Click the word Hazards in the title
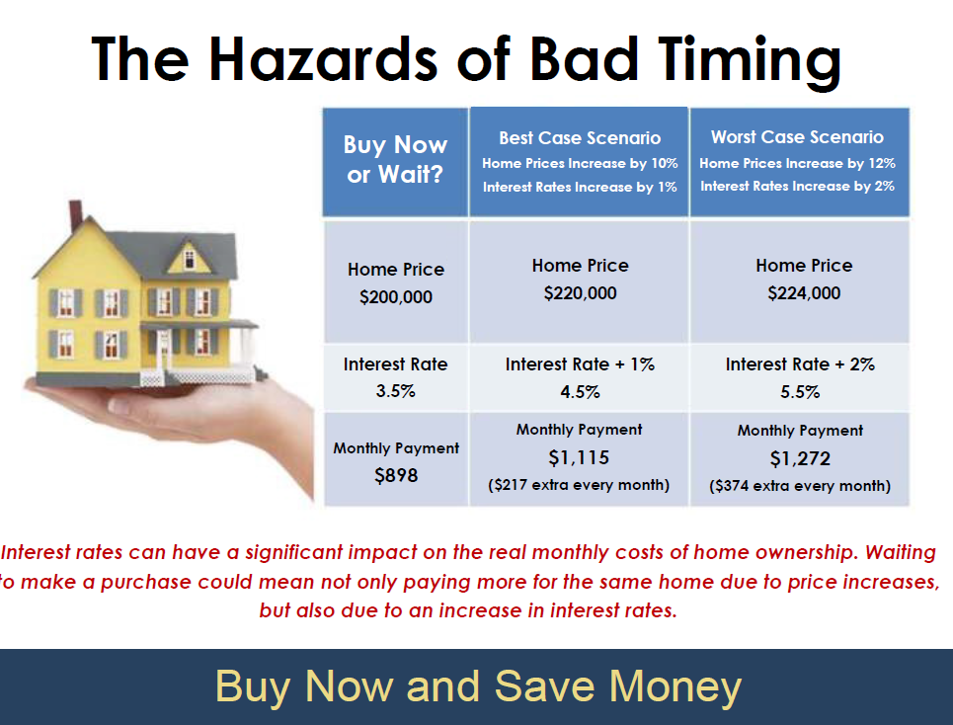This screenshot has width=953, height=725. pyautogui.click(x=323, y=59)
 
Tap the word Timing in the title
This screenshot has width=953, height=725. pyautogui.click(x=750, y=62)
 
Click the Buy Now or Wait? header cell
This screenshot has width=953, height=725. pyautogui.click(x=396, y=162)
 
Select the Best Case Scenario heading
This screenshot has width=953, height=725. pyautogui.click(x=580, y=138)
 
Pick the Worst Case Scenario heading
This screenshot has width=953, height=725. pyautogui.click(x=797, y=137)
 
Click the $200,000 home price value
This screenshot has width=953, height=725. pyautogui.click(x=396, y=297)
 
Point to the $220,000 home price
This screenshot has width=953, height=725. pyautogui.click(x=580, y=293)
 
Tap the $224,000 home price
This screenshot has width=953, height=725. pyautogui.click(x=804, y=293)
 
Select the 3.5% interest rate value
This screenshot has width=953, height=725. pyautogui.click(x=395, y=391)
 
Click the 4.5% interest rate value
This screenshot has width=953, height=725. pyautogui.click(x=580, y=392)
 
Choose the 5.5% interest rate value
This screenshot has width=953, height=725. pyautogui.click(x=800, y=392)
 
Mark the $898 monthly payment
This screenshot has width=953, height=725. pyautogui.click(x=396, y=475)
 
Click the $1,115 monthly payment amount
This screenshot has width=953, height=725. pyautogui.click(x=579, y=457)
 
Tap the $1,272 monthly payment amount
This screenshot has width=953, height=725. pyautogui.click(x=800, y=459)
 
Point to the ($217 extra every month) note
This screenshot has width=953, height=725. pyautogui.click(x=579, y=485)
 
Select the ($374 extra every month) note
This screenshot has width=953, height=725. pyautogui.click(x=800, y=486)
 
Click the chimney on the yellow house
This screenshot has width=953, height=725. pyautogui.click(x=75, y=215)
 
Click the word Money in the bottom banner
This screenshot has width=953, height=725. pyautogui.click(x=675, y=686)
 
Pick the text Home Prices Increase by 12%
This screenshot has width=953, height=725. pyautogui.click(x=797, y=164)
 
